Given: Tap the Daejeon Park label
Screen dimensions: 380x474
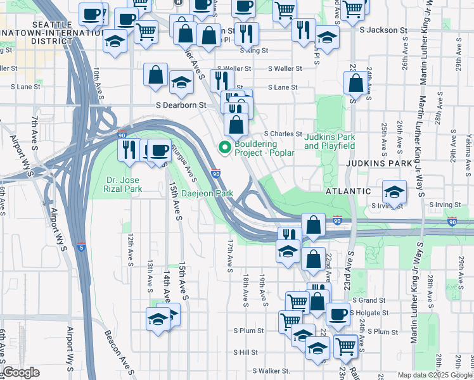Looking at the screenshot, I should [x=207, y=193].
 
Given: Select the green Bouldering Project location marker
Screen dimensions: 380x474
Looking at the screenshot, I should [x=224, y=148].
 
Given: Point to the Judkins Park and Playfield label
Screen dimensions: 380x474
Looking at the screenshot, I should [x=329, y=141].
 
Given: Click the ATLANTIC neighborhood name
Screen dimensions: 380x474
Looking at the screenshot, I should [x=347, y=191].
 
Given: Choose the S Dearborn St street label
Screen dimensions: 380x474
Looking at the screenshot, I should [x=182, y=105].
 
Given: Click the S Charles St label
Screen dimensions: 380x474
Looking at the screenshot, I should [x=283, y=134].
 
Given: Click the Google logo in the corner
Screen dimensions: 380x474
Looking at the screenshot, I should [x=21, y=372].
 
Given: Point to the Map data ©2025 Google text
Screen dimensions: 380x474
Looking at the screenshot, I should [x=435, y=375].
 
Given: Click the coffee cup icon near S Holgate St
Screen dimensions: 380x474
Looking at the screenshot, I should [x=338, y=313].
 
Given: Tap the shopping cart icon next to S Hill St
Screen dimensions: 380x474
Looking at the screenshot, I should [x=345, y=346].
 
